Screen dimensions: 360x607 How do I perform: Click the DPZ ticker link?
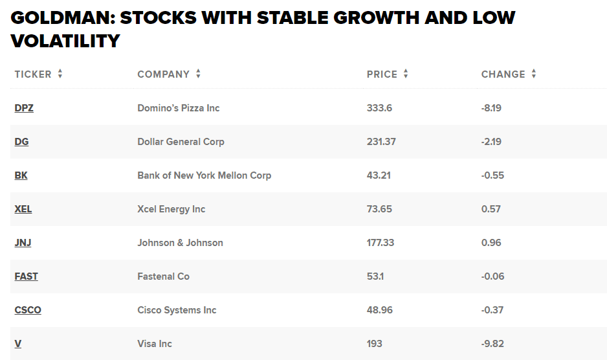[x=24, y=108]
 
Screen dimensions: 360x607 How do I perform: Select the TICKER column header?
[x=33, y=74]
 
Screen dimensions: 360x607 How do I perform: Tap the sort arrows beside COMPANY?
[x=198, y=74]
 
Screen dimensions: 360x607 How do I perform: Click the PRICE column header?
[x=382, y=74]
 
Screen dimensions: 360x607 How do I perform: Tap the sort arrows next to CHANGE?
[x=534, y=74]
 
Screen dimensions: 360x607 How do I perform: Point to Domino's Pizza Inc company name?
[x=179, y=108]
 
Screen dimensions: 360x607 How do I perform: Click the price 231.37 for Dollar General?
[x=381, y=142]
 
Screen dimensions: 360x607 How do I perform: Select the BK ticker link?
[x=21, y=175]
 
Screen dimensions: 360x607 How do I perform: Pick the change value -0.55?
[x=492, y=175]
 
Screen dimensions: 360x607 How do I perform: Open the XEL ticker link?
[x=23, y=209]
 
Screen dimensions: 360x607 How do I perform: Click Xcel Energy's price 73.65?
[x=379, y=209]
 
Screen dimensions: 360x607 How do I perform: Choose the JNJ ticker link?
[x=23, y=243]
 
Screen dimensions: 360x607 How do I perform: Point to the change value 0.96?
[x=491, y=243]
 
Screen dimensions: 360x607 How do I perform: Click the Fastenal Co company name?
[x=164, y=276]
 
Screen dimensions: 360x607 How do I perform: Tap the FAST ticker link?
[x=27, y=276]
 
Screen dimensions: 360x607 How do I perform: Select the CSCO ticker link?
[x=28, y=310]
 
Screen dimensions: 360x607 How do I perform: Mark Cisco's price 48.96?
[x=380, y=310]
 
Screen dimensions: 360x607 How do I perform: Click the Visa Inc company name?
[x=155, y=344]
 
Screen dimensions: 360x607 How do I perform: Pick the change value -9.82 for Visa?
[x=492, y=344]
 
